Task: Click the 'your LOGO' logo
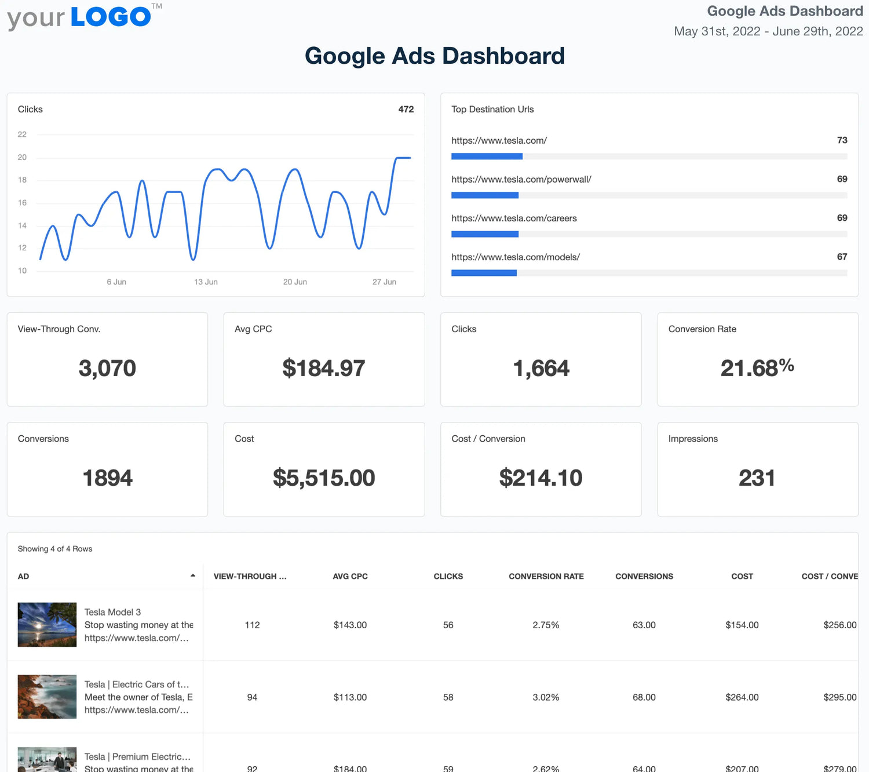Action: (81, 17)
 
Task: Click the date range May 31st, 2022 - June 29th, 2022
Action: (768, 31)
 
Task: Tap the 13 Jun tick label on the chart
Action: (206, 282)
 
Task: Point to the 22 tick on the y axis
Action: (22, 134)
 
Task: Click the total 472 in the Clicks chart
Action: (406, 110)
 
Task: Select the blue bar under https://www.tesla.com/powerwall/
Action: (485, 195)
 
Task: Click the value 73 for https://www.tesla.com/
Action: (842, 140)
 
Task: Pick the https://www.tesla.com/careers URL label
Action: (514, 219)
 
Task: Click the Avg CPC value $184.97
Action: (324, 368)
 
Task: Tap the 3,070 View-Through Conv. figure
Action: (107, 368)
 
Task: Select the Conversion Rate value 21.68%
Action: (757, 368)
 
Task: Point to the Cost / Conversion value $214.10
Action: (541, 478)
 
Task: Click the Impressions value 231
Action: (757, 478)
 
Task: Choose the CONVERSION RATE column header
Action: (546, 577)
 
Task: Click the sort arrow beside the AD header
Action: (193, 576)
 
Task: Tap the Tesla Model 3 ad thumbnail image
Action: (47, 625)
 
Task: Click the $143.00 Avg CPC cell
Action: (350, 625)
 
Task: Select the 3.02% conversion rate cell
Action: (546, 697)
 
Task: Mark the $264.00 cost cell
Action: (742, 697)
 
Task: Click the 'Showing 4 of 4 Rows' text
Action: (55, 549)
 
